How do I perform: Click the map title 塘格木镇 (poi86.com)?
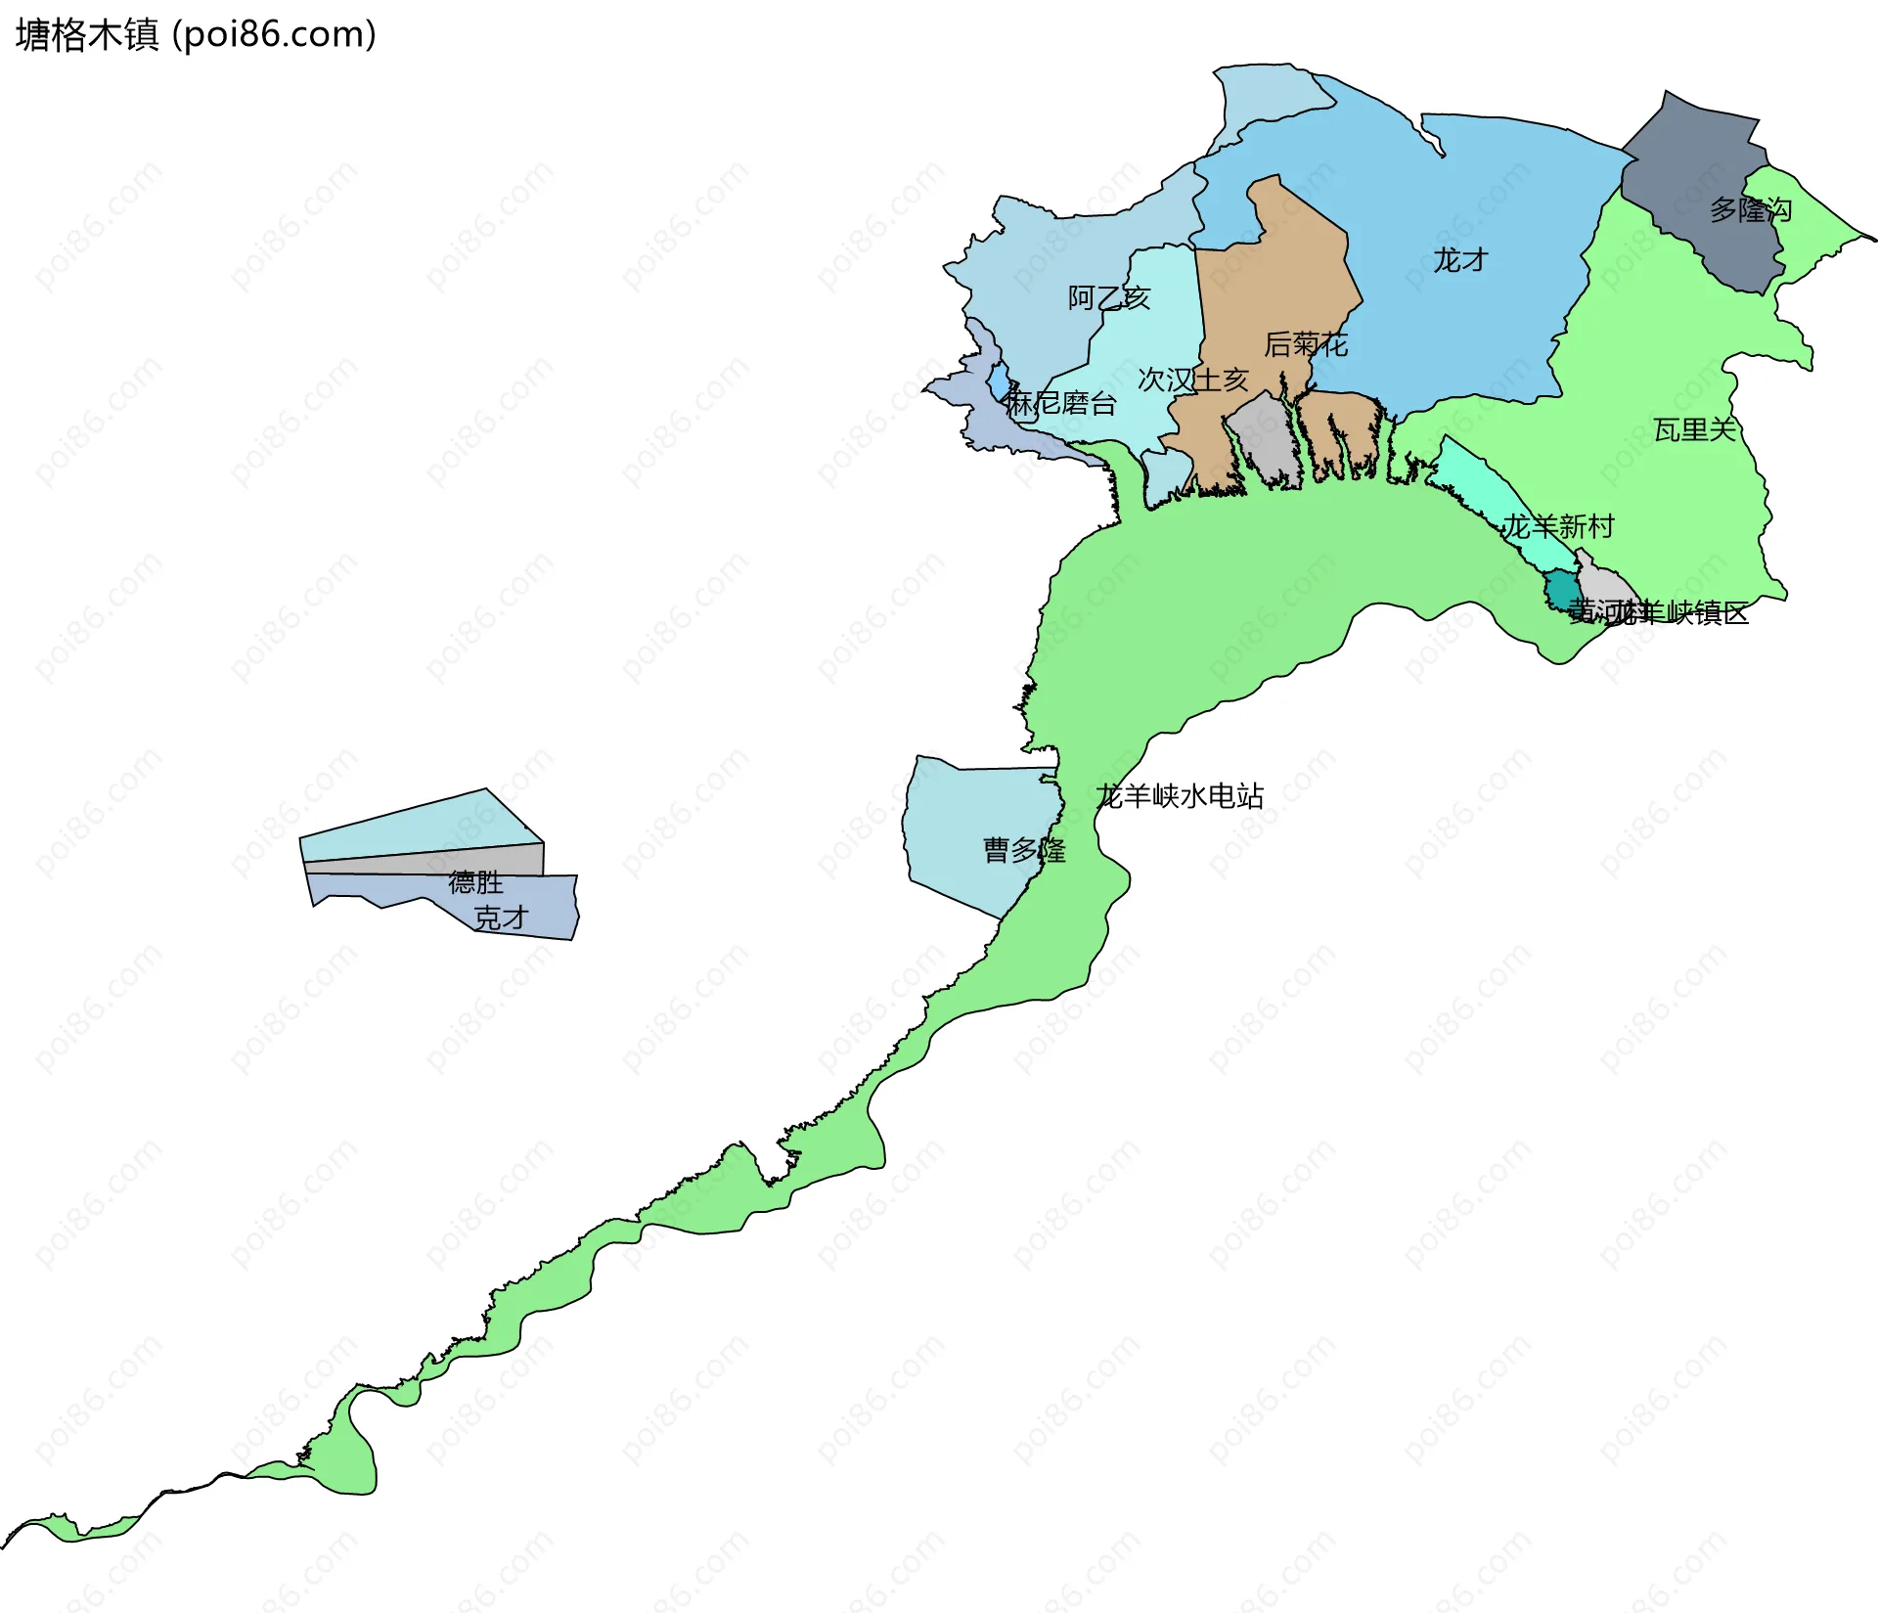(x=196, y=35)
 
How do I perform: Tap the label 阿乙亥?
(x=1108, y=297)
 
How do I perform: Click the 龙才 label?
(x=1460, y=260)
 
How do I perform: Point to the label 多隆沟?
(x=1750, y=210)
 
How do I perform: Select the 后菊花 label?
(x=1306, y=344)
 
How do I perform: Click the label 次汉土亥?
(x=1193, y=380)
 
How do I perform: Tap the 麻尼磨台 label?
(x=1061, y=403)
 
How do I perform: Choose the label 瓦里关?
(x=1694, y=429)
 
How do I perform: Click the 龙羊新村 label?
(x=1558, y=527)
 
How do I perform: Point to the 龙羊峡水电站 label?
(x=1180, y=796)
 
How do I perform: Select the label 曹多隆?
(x=1024, y=850)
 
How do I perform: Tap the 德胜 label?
(x=475, y=882)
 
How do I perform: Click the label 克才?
(x=501, y=918)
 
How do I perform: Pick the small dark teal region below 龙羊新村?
(x=1559, y=591)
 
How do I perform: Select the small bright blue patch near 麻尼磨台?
(x=999, y=380)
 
